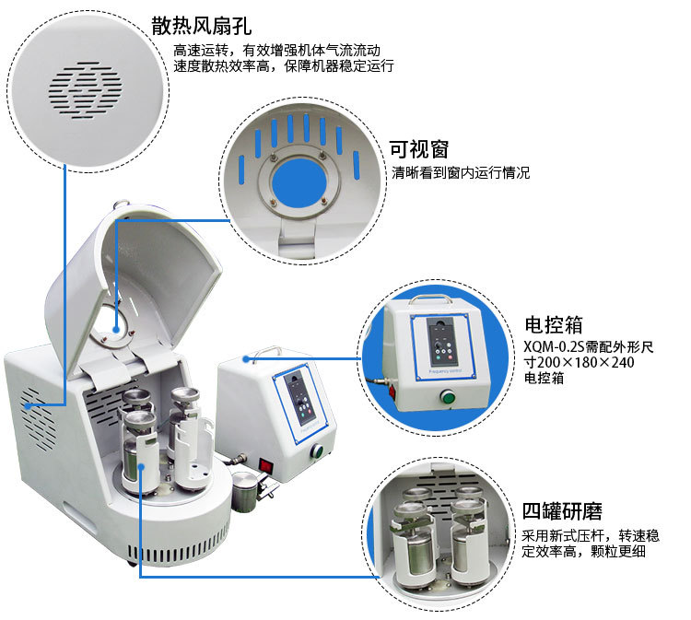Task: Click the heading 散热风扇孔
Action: pyautogui.click(x=201, y=26)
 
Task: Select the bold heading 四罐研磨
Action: pyautogui.click(x=563, y=511)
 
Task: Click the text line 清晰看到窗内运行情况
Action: pyautogui.click(x=461, y=172)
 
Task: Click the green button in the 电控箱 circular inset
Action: pyautogui.click(x=449, y=399)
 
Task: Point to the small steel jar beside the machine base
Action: pyautogui.click(x=244, y=493)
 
